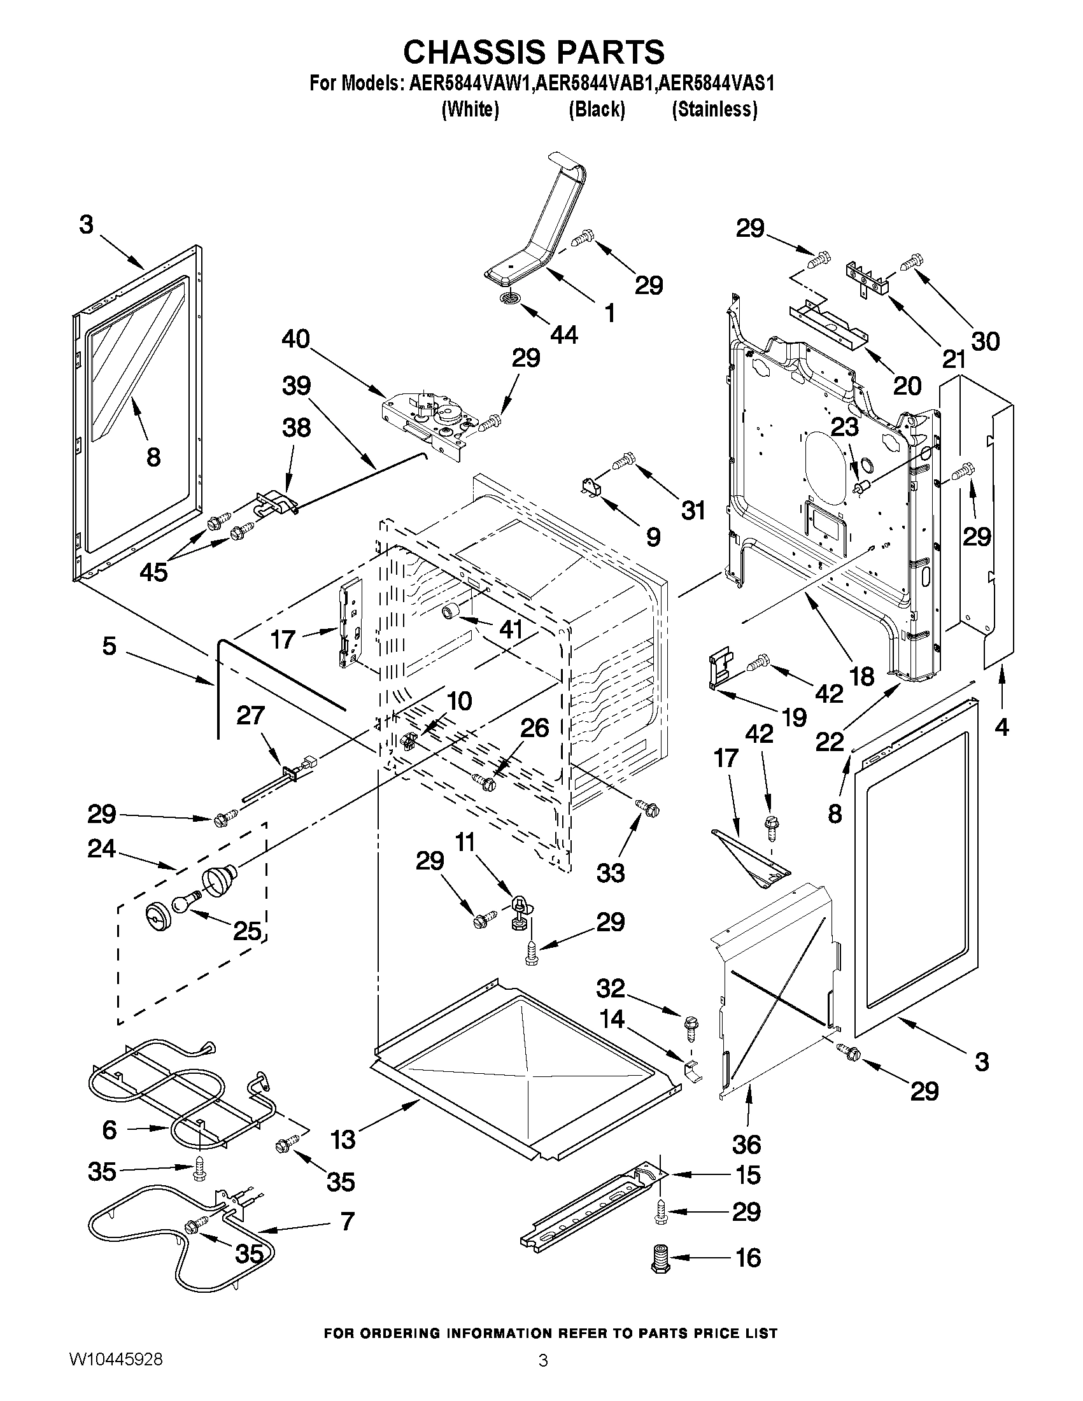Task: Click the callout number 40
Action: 296,339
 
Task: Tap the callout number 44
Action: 564,334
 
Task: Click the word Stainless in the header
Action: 714,109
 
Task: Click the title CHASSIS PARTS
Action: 534,52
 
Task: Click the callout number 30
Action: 985,341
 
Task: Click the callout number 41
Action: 511,630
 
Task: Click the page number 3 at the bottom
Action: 543,1377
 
